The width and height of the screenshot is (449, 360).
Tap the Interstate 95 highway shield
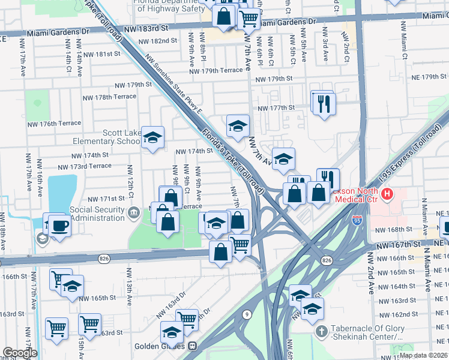coord(357,221)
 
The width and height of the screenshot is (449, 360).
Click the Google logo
coord(19,353)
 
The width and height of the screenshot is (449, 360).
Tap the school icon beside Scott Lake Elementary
coord(152,137)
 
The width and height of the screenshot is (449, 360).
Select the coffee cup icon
coord(60,226)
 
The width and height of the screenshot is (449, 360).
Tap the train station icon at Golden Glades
coord(193,346)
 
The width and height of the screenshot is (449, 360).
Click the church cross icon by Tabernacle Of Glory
coord(322,331)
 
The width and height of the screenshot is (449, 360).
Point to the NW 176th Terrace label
coord(53,123)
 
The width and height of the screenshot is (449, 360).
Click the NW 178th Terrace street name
coord(109,97)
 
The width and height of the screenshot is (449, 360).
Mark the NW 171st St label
coord(106,199)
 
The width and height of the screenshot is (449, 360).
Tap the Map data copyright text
coord(423,355)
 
